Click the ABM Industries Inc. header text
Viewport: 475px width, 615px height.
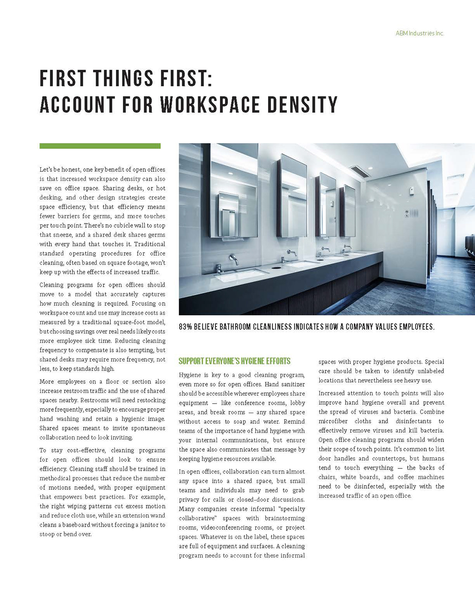click(x=420, y=33)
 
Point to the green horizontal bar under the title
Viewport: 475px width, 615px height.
click(x=100, y=146)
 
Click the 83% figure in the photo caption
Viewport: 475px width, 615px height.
click(x=186, y=327)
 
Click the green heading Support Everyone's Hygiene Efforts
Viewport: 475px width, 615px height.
click(x=234, y=361)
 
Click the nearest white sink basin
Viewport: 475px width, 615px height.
click(x=238, y=274)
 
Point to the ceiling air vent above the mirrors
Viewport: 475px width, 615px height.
click(x=361, y=172)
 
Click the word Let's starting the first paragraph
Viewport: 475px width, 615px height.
click(x=47, y=169)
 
